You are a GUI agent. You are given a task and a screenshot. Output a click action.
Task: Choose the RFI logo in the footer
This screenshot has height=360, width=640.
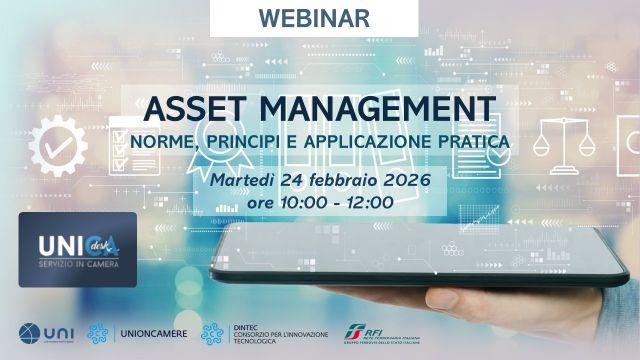355,332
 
